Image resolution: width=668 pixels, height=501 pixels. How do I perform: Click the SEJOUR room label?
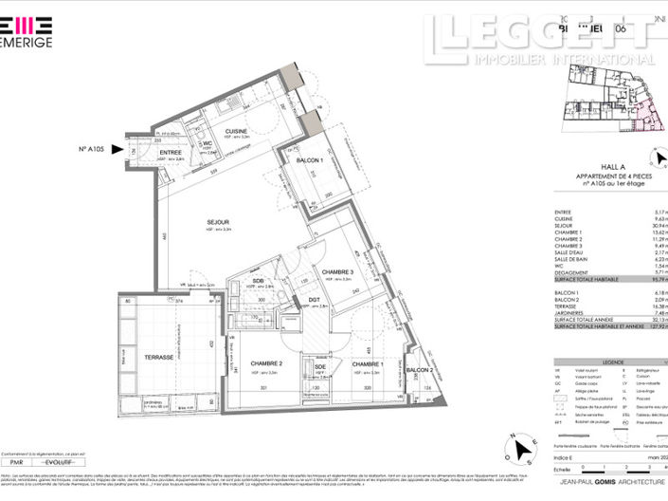tap(220, 222)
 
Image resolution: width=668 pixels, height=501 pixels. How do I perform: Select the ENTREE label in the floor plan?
tap(171, 152)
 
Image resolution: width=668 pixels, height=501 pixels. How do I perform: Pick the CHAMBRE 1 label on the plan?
tap(365, 363)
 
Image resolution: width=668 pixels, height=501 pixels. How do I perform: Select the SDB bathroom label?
tap(258, 280)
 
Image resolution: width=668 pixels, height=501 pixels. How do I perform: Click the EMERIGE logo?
tap(27, 31)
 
